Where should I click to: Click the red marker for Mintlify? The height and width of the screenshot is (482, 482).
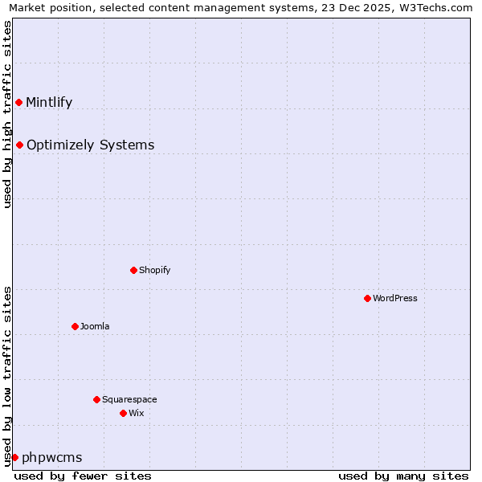pyautogui.click(x=18, y=102)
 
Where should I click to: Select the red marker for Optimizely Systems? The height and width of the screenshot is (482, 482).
pyautogui.click(x=19, y=145)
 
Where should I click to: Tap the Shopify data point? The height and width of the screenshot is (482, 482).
pyautogui.click(x=133, y=270)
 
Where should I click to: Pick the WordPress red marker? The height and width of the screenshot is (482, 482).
pyautogui.click(x=367, y=298)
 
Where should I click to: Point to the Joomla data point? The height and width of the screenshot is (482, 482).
pyautogui.click(x=75, y=326)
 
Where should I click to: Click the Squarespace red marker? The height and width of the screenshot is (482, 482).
pyautogui.click(x=96, y=399)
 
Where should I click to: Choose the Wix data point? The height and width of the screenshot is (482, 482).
pyautogui.click(x=123, y=413)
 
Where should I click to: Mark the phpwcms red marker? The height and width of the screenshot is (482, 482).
pyautogui.click(x=14, y=457)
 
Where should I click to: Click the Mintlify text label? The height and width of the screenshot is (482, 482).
pyautogui.click(x=49, y=102)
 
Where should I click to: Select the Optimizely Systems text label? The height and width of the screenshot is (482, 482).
pyautogui.click(x=90, y=145)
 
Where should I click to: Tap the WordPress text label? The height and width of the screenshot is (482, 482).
pyautogui.click(x=395, y=298)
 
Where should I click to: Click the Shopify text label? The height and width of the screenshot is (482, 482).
pyautogui.click(x=155, y=270)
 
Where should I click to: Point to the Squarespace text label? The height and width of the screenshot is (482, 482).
pyautogui.click(x=129, y=399)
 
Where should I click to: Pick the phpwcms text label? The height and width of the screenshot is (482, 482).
pyautogui.click(x=52, y=457)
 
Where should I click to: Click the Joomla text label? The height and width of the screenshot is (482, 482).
pyautogui.click(x=95, y=326)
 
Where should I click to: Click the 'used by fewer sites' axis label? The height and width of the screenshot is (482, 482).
pyautogui.click(x=83, y=476)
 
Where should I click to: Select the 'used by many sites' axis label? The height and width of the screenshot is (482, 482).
pyautogui.click(x=403, y=476)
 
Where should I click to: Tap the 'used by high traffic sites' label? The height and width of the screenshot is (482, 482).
pyautogui.click(x=7, y=114)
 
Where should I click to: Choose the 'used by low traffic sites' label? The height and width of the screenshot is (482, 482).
pyautogui.click(x=7, y=376)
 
